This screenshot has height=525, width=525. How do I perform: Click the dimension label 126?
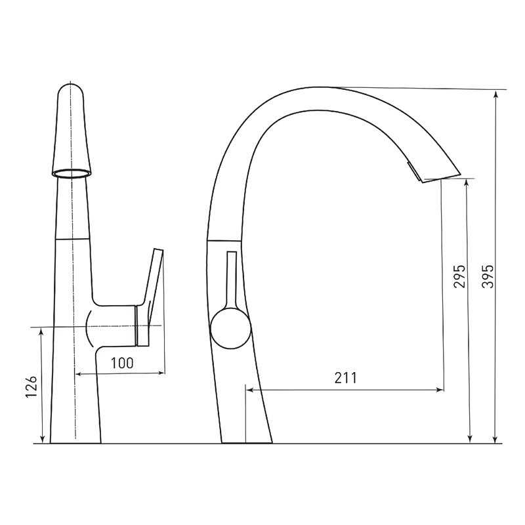(x=31, y=387)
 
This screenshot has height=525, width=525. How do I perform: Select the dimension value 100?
(x=122, y=363)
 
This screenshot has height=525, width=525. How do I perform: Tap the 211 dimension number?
(x=346, y=378)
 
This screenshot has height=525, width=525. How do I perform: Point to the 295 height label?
(x=459, y=276)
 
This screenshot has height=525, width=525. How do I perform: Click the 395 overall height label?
(x=488, y=276)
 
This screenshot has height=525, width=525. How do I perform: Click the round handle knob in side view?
(x=230, y=329)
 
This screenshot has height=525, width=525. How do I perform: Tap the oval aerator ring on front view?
(x=72, y=173)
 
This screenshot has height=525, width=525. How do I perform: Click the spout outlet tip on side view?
(x=442, y=177)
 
